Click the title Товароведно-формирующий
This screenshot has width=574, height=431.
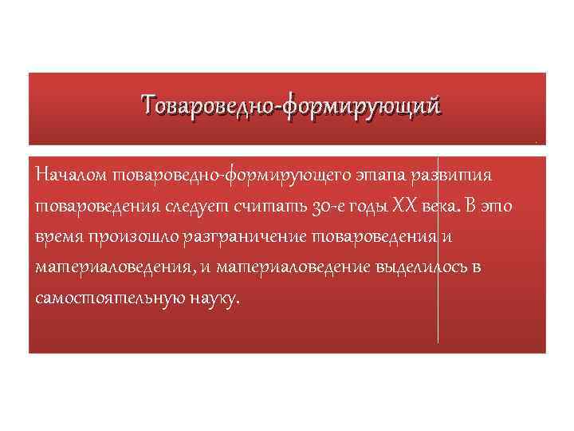[x=291, y=105]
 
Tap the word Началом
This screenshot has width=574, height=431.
[x=73, y=174]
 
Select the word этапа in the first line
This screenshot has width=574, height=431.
[x=375, y=174]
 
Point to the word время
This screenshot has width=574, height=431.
[x=61, y=237]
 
